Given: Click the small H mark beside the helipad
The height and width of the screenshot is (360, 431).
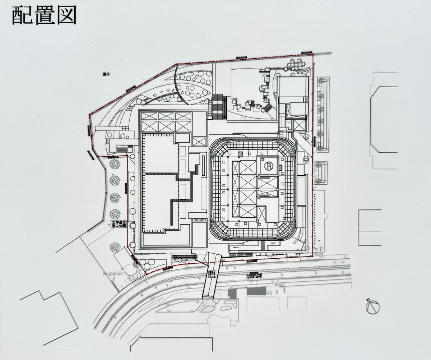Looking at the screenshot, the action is click(262, 160).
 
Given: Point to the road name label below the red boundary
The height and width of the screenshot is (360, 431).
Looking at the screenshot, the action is click(253, 275).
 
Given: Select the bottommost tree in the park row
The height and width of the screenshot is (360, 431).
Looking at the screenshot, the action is click(115, 247).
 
